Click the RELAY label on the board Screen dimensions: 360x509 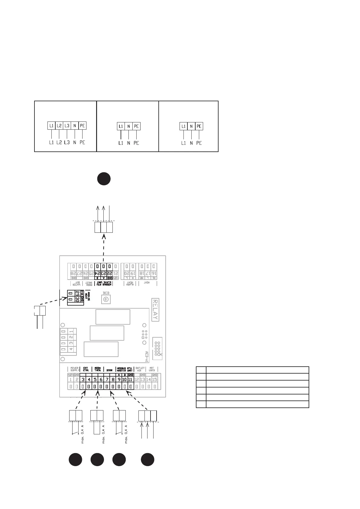click(x=155, y=310)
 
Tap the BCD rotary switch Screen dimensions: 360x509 click(x=106, y=299)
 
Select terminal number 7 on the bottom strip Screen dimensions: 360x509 click(x=107, y=380)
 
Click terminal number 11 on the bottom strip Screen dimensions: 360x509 click(x=130, y=380)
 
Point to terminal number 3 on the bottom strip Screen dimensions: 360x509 click(x=83, y=380)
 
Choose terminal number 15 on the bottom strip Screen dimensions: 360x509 click(x=154, y=380)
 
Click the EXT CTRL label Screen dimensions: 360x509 click(x=86, y=369)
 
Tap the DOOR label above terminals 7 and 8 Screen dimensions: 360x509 click(x=109, y=370)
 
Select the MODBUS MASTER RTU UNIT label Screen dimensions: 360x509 click(x=125, y=369)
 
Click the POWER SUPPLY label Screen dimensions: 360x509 click(x=74, y=369)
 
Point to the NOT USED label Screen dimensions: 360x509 click(x=152, y=369)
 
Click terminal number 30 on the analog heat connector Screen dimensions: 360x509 click(x=77, y=299)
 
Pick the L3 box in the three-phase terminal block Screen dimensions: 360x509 click(x=67, y=126)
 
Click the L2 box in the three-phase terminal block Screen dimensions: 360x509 click(x=59, y=126)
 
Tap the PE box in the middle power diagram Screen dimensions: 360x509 click(x=136, y=126)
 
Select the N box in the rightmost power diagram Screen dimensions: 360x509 click(x=191, y=126)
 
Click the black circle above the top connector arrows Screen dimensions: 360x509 click(x=104, y=179)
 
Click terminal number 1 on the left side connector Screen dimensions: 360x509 click(x=71, y=332)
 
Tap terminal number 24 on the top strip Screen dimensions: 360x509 click(x=98, y=273)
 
